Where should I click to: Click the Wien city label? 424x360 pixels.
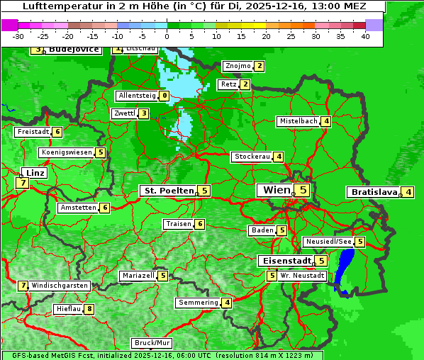click(277, 190)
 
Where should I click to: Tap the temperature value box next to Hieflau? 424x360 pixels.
click(89, 309)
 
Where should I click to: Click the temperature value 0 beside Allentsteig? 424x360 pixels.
click(164, 96)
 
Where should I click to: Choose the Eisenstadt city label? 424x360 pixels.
click(284, 261)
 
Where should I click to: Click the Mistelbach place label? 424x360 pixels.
click(298, 121)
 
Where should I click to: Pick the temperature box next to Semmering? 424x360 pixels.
click(226, 303)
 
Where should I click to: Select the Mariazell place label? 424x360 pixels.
click(138, 276)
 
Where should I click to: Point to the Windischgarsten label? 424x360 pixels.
click(60, 286)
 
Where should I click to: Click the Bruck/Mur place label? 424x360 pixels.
click(152, 343)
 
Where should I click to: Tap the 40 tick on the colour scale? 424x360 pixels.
click(365, 35)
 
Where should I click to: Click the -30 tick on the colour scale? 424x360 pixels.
click(18, 35)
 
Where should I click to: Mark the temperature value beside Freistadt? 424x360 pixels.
click(57, 132)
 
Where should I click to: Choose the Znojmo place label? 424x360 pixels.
click(238, 66)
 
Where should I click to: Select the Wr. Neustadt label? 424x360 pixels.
click(303, 275)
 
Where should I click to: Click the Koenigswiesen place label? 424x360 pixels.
click(67, 152)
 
